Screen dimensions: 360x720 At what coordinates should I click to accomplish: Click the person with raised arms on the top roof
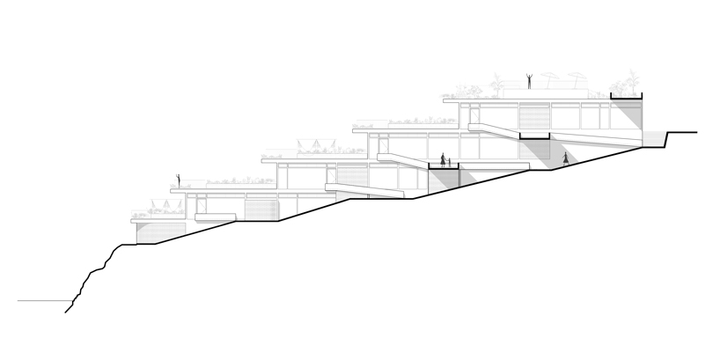528,81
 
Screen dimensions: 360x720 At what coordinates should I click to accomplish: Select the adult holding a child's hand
442,160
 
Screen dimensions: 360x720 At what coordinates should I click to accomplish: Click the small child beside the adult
450,163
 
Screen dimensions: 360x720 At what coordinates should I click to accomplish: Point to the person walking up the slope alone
566,159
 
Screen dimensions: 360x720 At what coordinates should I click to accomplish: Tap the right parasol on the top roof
574,79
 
